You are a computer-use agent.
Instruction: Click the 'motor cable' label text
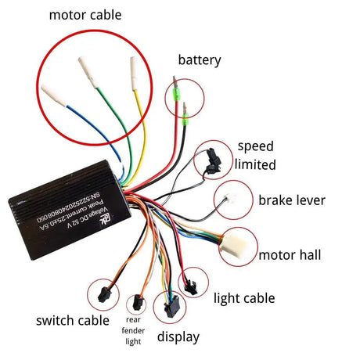click(91, 15)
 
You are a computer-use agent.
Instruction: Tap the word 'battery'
click(200, 59)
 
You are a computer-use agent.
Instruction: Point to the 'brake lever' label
click(292, 200)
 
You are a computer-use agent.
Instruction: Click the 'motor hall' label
click(290, 254)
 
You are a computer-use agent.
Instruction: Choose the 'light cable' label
click(245, 297)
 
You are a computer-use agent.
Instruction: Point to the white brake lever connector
click(232, 196)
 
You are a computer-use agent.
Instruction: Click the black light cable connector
click(189, 280)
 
